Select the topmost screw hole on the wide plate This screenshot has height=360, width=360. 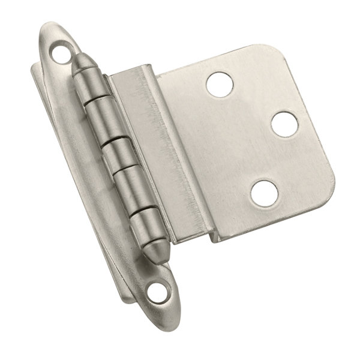click(x=218, y=84)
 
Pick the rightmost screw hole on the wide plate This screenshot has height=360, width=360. click(x=284, y=124)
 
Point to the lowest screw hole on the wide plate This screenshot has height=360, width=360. click(x=263, y=192)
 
